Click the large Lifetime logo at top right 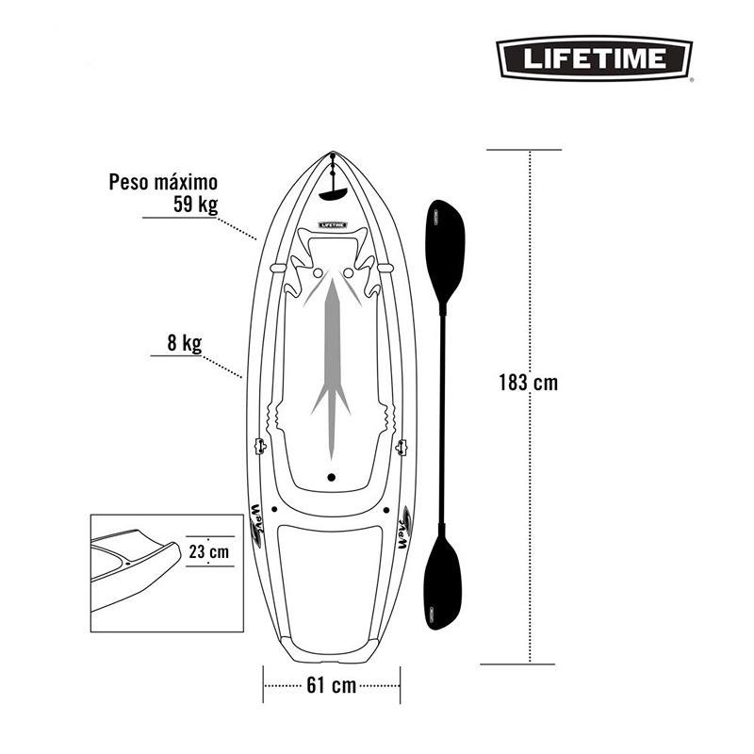click(595, 58)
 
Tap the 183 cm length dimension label click(528, 383)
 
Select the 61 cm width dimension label click(332, 685)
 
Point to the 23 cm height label click(208, 551)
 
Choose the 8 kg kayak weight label click(184, 343)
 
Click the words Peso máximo click(163, 182)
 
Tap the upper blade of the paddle click(445, 253)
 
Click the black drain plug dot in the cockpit click(332, 477)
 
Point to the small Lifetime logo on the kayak click(333, 225)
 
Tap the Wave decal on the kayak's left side click(256, 526)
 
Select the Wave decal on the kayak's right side click(405, 527)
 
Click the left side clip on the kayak click(260, 446)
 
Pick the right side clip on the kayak click(402, 447)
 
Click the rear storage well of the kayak click(330, 584)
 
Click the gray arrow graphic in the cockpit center click(332, 366)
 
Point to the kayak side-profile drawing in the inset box click(136, 570)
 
